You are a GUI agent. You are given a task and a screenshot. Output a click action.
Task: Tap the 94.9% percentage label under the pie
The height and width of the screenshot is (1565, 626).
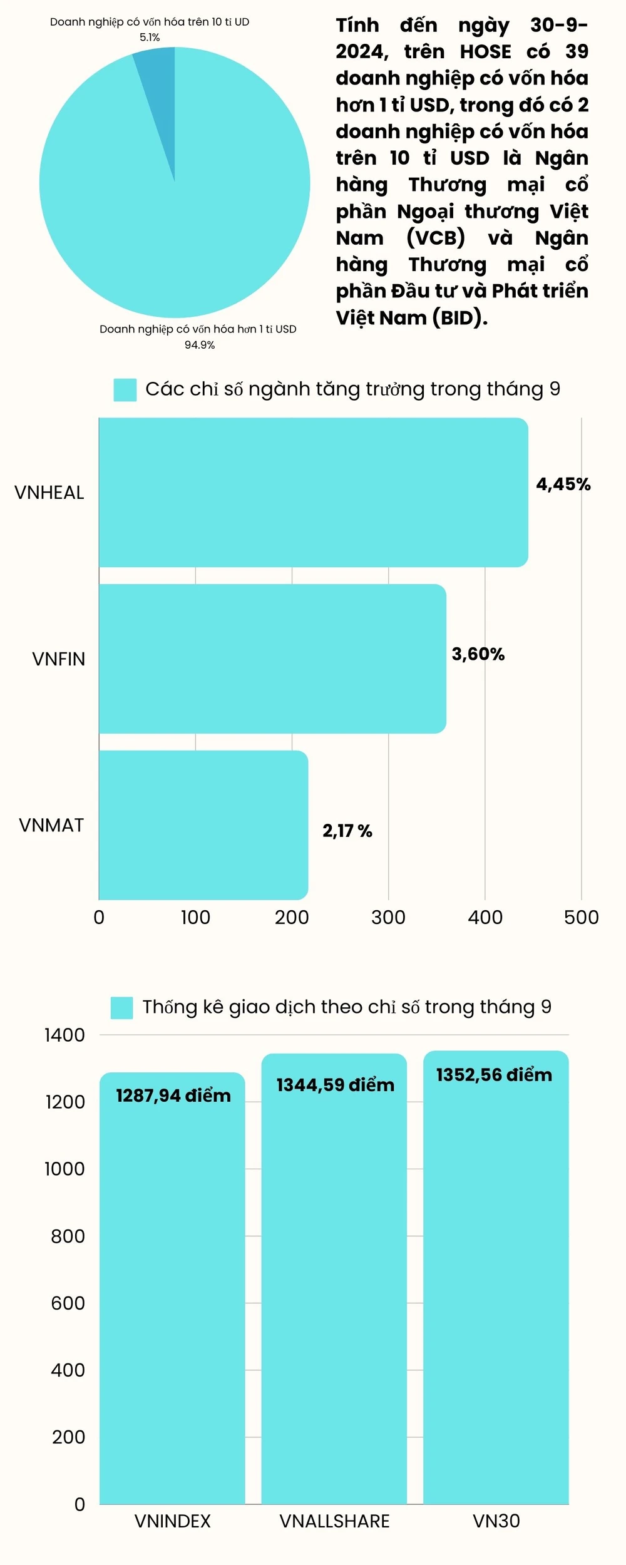[x=200, y=345]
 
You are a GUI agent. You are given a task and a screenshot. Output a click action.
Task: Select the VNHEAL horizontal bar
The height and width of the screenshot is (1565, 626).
[x=313, y=492]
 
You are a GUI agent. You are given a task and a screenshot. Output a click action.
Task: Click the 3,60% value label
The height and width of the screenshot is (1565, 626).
[x=478, y=654]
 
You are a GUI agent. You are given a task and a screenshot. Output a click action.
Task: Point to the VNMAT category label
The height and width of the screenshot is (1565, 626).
[x=51, y=825]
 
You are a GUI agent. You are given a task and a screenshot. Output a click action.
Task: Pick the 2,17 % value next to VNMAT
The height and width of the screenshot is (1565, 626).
[x=347, y=831]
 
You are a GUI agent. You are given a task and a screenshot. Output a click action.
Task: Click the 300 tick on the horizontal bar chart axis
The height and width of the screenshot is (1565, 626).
[x=388, y=918]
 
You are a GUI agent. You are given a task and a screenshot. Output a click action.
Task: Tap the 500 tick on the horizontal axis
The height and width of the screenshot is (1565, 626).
[x=582, y=918]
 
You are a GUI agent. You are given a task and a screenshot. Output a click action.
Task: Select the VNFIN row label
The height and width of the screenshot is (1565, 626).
[x=58, y=659]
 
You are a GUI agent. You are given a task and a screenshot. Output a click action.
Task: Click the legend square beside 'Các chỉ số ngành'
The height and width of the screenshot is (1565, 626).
[x=125, y=389]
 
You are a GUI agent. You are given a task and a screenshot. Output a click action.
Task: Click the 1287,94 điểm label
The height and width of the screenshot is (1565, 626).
[x=173, y=1095]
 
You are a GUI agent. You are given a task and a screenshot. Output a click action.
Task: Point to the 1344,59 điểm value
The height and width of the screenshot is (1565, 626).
[x=336, y=1085]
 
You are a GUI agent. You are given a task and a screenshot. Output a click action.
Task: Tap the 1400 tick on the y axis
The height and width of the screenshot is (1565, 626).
[x=64, y=1035]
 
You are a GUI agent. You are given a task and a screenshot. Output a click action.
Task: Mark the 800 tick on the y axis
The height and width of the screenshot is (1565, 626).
[x=68, y=1236]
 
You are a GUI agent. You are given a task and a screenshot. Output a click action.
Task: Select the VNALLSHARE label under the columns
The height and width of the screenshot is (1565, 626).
[x=334, y=1521]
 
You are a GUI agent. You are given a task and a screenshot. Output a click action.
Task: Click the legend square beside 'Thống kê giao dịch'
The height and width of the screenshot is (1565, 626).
[x=121, y=1008]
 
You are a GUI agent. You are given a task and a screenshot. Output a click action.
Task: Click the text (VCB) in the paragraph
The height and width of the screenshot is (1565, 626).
[x=436, y=238]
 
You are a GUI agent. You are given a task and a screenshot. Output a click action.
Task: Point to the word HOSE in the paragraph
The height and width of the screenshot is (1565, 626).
[x=486, y=51]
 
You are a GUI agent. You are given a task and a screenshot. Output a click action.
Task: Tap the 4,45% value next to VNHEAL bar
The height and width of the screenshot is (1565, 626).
[x=563, y=484]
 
